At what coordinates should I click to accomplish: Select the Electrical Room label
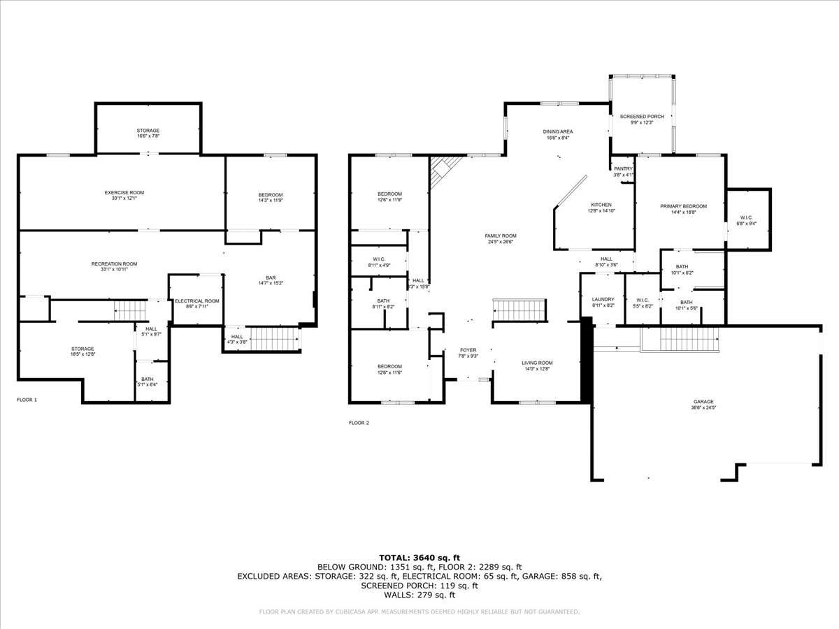(197, 301)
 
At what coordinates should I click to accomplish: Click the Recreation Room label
(114, 263)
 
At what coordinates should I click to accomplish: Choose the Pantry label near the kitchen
(623, 168)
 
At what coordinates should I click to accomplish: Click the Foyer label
(468, 350)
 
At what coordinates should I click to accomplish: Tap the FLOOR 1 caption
(27, 400)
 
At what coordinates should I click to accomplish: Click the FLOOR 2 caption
(359, 423)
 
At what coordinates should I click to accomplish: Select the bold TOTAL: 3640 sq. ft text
(419, 557)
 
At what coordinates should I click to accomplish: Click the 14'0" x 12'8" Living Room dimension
(537, 369)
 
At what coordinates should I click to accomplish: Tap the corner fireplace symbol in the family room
(443, 170)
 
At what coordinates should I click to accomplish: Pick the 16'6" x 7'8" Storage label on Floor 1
(148, 137)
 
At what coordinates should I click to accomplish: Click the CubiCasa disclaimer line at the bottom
(419, 612)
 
